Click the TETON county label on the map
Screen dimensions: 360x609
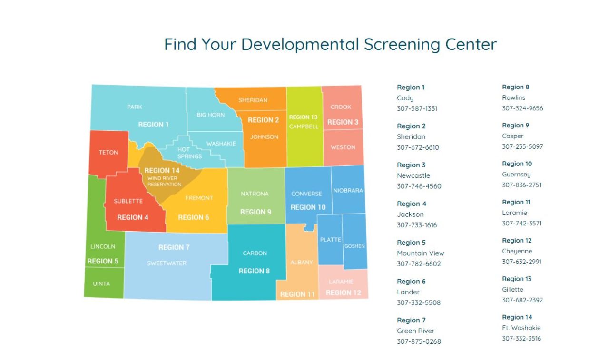click(x=108, y=153)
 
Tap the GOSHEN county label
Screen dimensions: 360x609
click(x=354, y=246)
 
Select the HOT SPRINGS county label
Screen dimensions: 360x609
click(x=189, y=153)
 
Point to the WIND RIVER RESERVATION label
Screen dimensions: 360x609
click(x=165, y=181)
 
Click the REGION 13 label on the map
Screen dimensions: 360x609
click(x=303, y=117)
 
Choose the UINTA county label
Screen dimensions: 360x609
click(x=101, y=284)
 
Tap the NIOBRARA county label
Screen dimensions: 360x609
click(x=348, y=191)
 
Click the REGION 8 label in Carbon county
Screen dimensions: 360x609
click(x=254, y=271)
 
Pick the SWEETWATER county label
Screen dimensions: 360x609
click(x=167, y=263)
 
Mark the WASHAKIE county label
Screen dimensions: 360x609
click(x=221, y=144)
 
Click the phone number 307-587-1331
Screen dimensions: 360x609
click(x=417, y=108)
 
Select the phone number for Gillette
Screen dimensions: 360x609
click(x=522, y=300)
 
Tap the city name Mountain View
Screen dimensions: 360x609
click(x=420, y=253)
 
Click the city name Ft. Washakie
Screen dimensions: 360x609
click(x=521, y=328)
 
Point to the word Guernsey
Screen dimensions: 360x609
click(x=516, y=175)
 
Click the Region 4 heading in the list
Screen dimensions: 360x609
click(x=412, y=204)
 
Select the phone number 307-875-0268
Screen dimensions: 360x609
click(x=419, y=341)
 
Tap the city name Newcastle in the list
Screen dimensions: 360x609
click(x=413, y=175)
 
